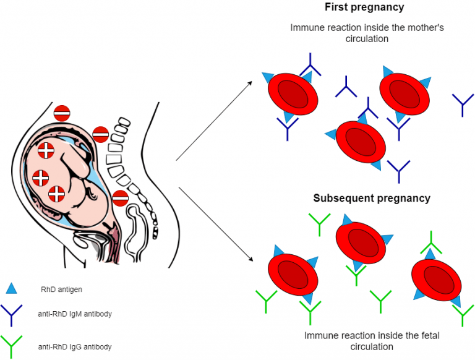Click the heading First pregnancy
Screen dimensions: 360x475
[364, 7]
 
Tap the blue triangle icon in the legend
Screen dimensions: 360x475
[12, 288]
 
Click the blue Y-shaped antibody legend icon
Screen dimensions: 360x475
[12, 314]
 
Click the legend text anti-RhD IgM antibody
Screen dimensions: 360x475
[75, 314]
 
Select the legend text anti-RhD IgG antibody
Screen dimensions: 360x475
[75, 347]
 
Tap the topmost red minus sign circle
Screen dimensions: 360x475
[62, 113]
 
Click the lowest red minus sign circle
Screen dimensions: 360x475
[121, 199]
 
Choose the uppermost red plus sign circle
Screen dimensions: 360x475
[46, 150]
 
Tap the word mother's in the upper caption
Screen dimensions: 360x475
[410, 28]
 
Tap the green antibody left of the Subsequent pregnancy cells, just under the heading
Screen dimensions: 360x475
[319, 224]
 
